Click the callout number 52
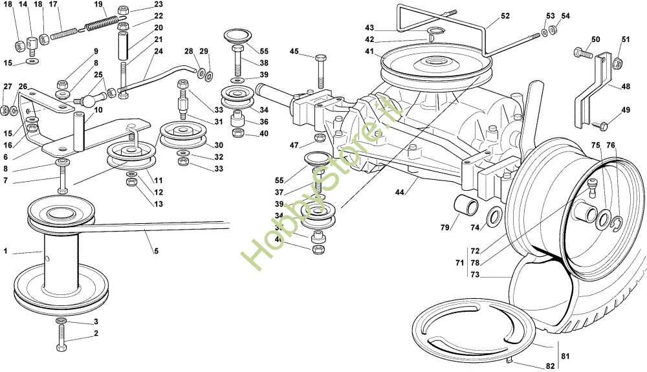click(x=505, y=16)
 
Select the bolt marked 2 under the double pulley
click(x=61, y=337)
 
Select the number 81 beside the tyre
click(x=564, y=355)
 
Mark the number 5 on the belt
click(x=155, y=250)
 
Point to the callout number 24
click(x=159, y=51)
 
